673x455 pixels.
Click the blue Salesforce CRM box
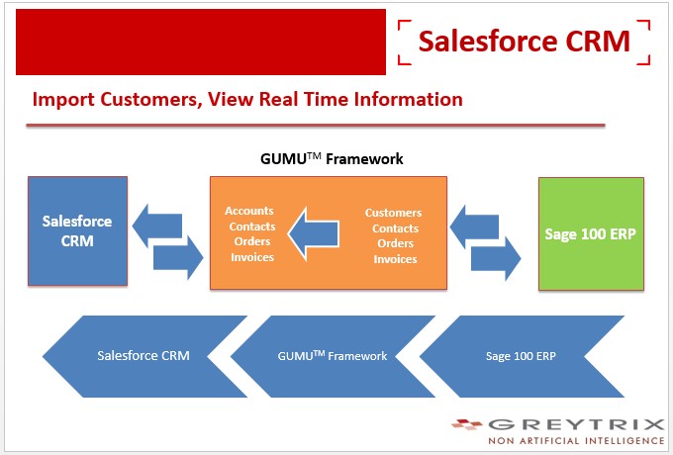[77, 230]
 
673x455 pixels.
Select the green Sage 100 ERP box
[591, 233]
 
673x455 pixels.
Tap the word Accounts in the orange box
[249, 211]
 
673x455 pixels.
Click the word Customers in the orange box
[393, 213]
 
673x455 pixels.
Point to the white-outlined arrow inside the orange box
[314, 234]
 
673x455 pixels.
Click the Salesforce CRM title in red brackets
[525, 42]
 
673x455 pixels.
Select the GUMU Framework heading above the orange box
[332, 159]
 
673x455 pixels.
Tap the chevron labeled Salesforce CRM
[144, 356]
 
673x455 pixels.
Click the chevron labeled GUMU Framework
[333, 356]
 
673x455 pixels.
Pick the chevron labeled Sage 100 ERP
[522, 356]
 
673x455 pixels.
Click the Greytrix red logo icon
[467, 424]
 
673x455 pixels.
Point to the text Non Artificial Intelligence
[576, 441]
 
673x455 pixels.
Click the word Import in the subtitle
[63, 100]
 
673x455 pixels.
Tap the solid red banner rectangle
[201, 42]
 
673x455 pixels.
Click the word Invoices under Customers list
[395, 259]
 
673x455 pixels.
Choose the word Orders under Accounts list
[252, 241]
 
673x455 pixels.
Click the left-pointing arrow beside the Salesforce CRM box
[157, 226]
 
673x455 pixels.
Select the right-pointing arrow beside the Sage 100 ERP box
[496, 258]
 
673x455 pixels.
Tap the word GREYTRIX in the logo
[576, 424]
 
